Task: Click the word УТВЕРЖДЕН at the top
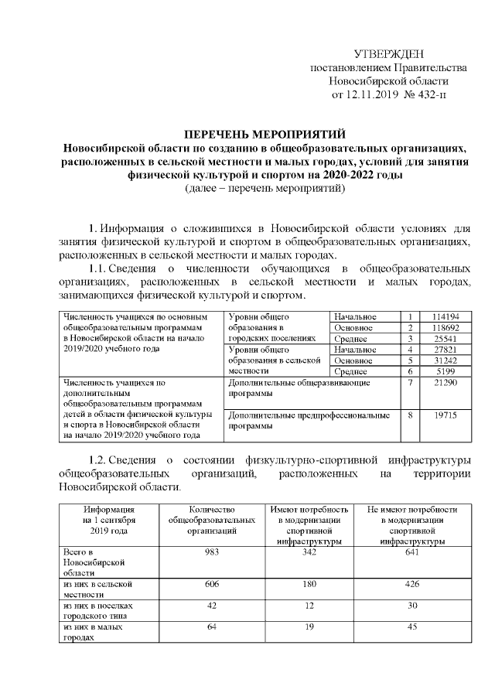pyautogui.click(x=388, y=54)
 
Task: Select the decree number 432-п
pyautogui.click(x=430, y=96)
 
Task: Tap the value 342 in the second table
pyautogui.click(x=309, y=551)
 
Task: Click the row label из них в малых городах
pyautogui.click(x=93, y=633)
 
